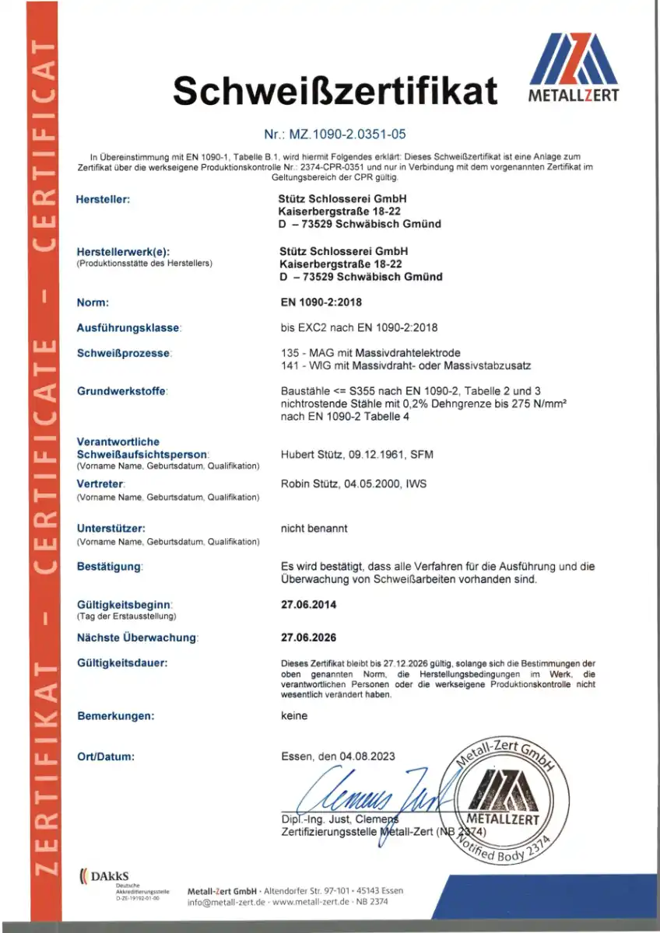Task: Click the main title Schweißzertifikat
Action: (x=335, y=91)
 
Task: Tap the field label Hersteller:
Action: (x=103, y=200)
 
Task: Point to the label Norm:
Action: (x=93, y=302)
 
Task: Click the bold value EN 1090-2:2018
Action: (x=320, y=302)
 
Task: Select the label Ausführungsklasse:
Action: (x=129, y=328)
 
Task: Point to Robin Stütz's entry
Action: (x=353, y=484)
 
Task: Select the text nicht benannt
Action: (x=314, y=529)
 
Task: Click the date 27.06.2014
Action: (x=308, y=604)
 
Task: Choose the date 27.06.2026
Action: (x=308, y=638)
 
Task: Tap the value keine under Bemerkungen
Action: (x=294, y=716)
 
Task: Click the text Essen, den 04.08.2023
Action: (x=338, y=756)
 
